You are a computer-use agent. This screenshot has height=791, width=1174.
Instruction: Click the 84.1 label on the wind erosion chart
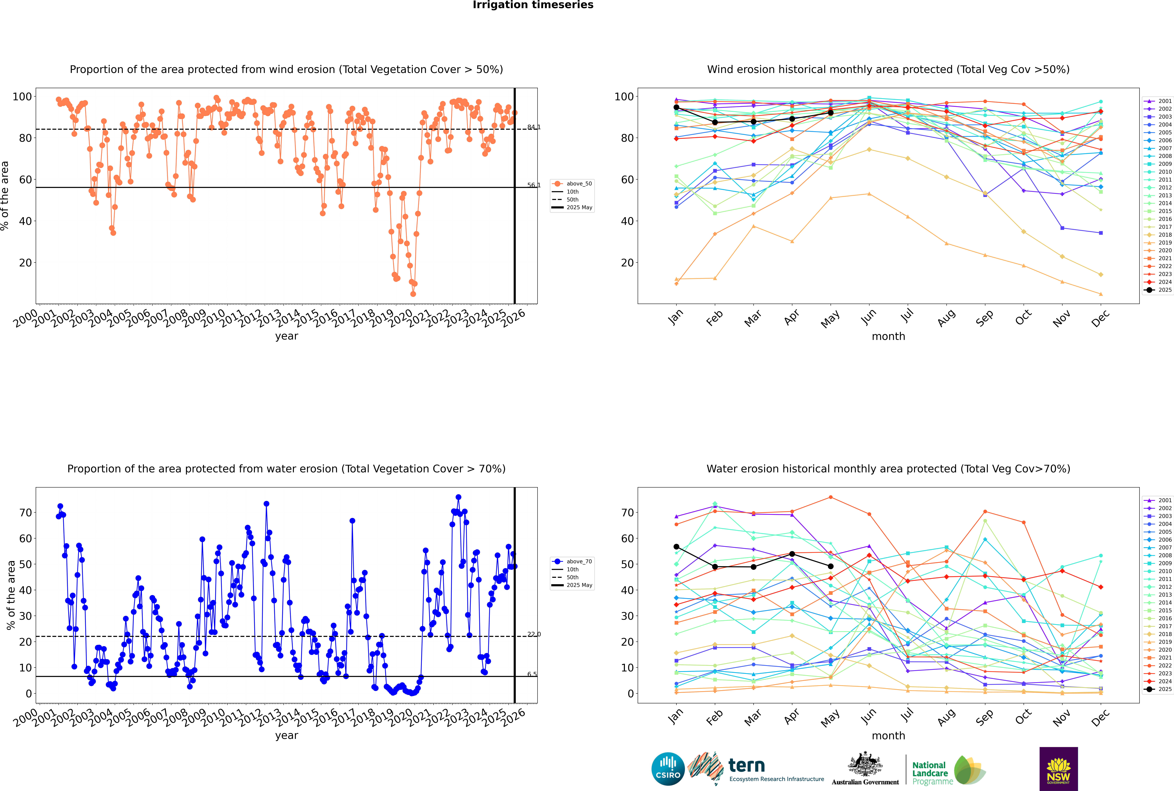[533, 127]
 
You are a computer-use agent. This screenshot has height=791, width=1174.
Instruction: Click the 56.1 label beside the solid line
[533, 185]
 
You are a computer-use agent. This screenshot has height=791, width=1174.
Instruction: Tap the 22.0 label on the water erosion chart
[533, 634]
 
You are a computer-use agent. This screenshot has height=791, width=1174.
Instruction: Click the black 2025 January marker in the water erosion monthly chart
[676, 547]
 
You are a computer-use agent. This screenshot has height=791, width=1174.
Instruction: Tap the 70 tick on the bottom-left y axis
[25, 513]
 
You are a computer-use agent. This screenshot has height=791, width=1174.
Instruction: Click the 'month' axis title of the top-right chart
[888, 337]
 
